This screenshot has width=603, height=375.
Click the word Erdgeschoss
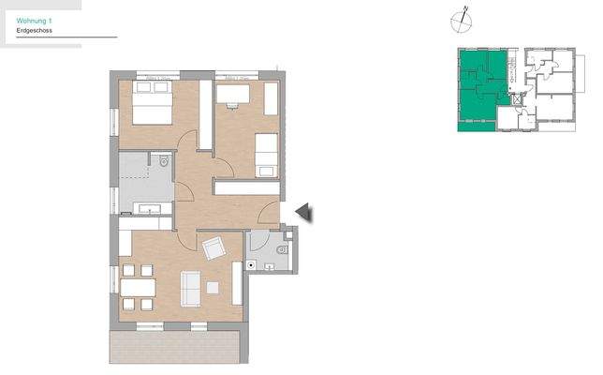point(34,32)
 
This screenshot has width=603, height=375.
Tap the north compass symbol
point(461,18)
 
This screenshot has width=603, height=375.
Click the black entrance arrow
point(303,214)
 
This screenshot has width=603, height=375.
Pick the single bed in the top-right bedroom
point(268,152)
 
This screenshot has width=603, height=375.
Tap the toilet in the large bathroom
point(163,162)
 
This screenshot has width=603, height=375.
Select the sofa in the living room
point(191,289)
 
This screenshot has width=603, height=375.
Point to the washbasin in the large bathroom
point(149,208)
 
